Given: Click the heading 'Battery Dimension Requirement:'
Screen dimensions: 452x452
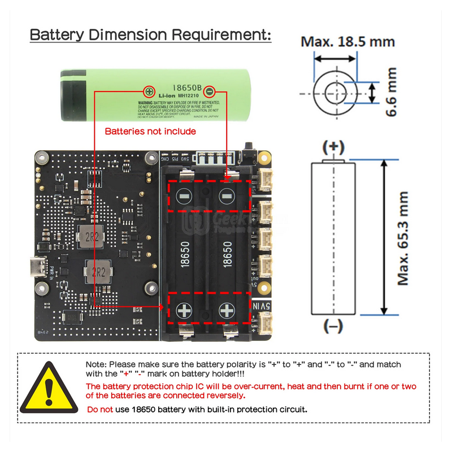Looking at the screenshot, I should (x=150, y=34).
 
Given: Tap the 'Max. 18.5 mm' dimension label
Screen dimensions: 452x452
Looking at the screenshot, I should (x=347, y=41).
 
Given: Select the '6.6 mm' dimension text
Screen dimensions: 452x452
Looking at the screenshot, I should (x=391, y=92).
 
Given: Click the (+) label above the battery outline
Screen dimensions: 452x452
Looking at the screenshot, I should (x=333, y=147).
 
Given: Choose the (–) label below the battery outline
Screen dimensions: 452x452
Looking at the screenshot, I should (x=333, y=326).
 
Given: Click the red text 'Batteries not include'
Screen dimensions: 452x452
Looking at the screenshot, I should (x=150, y=131).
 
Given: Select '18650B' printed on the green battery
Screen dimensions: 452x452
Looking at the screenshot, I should (x=178, y=89).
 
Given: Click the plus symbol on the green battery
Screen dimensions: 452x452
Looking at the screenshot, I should (x=149, y=90).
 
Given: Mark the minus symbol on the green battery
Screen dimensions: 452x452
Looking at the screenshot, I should (x=209, y=90).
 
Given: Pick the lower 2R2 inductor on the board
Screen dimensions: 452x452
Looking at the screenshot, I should (x=96, y=272).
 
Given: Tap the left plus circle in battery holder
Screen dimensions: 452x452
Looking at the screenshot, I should (x=185, y=310).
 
